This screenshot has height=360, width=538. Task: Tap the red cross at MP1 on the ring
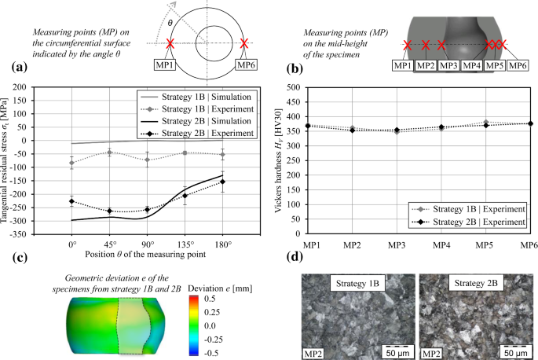(x=170, y=43)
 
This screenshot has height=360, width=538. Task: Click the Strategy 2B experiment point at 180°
(x=223, y=182)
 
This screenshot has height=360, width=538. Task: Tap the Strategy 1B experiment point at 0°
(x=73, y=163)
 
